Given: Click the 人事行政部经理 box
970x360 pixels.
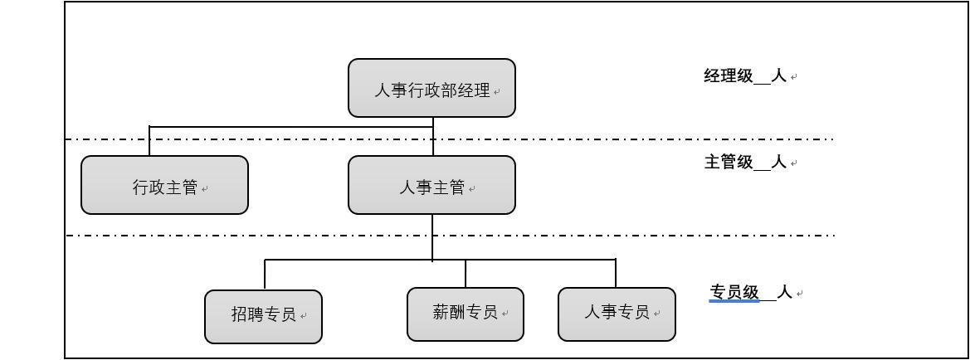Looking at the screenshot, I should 431,88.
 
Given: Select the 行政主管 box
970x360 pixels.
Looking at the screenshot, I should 164,185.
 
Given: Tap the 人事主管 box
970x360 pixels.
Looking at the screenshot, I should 431,185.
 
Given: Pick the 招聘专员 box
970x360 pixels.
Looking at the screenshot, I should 263,316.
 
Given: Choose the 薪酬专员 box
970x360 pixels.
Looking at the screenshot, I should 465,314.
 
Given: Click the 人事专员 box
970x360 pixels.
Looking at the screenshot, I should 617,314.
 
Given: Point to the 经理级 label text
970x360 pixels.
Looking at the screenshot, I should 729,76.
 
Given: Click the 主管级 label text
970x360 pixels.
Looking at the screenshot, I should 729,162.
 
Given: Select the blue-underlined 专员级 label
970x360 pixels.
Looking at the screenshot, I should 734,292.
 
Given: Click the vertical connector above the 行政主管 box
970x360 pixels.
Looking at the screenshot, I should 149,141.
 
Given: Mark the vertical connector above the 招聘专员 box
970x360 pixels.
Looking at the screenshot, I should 265,274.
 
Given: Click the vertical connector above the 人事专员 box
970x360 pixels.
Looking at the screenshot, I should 616,273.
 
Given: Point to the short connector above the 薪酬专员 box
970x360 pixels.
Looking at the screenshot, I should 466,273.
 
